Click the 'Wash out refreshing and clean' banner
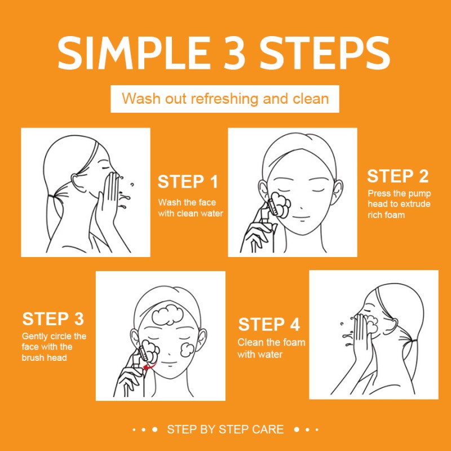225,99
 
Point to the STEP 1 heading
188,182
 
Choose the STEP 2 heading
398,176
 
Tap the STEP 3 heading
53,319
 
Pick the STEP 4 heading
269,325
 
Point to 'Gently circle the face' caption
54,347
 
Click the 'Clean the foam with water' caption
271,348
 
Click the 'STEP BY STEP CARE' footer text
225,429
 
